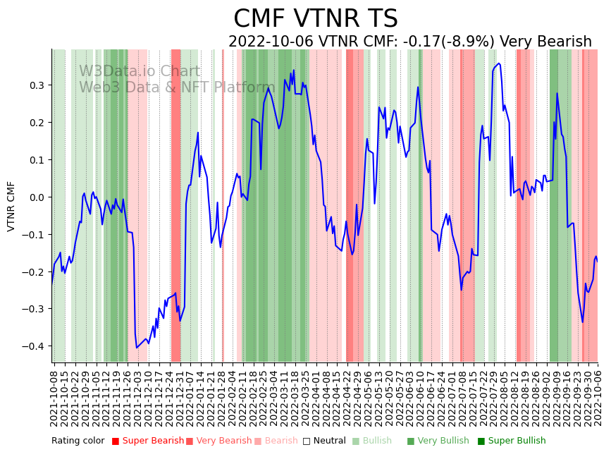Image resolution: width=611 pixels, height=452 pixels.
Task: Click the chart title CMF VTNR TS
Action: [315, 19]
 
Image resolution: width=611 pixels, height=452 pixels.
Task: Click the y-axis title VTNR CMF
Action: [11, 206]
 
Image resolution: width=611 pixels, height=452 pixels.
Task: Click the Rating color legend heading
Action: [78, 441]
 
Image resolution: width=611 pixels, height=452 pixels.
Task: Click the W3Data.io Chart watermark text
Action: [139, 71]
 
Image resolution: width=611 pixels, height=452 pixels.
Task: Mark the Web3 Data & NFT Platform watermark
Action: [176, 87]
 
